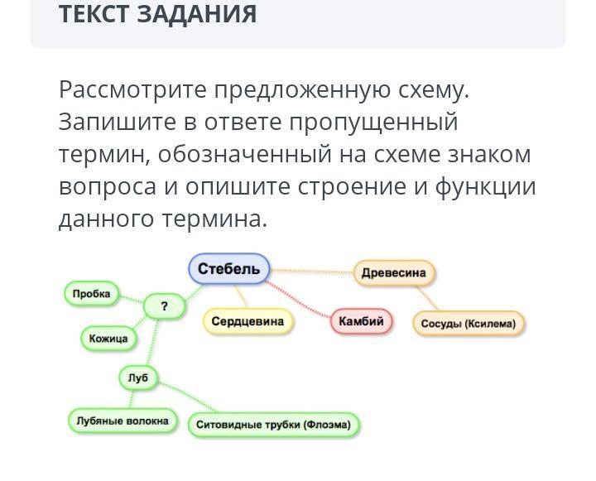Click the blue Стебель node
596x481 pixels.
pos(229,268)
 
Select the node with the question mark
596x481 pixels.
pos(164,306)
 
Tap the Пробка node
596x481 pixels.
pos(92,294)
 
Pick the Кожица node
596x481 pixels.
pos(108,339)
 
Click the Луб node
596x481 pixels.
pos(138,378)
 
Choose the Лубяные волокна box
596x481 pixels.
pos(123,421)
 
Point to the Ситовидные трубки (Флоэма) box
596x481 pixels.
pos(273,425)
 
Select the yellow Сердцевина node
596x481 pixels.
pos(248,321)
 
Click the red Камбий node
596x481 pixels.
pos(361,321)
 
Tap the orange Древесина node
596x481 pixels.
pos(394,272)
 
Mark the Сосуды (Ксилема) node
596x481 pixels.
pos(469,324)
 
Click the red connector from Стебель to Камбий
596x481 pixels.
pos(298,299)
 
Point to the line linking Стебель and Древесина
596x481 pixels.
pos(312,271)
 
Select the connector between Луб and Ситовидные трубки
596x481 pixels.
pos(187,397)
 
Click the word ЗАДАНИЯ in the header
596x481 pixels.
pos(196,14)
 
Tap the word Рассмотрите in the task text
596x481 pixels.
pos(132,90)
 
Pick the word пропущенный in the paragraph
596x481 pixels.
pos(373,123)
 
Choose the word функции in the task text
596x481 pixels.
pos(485,188)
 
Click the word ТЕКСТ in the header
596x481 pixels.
pos(94,14)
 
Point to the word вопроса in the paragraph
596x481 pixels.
pos(108,188)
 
